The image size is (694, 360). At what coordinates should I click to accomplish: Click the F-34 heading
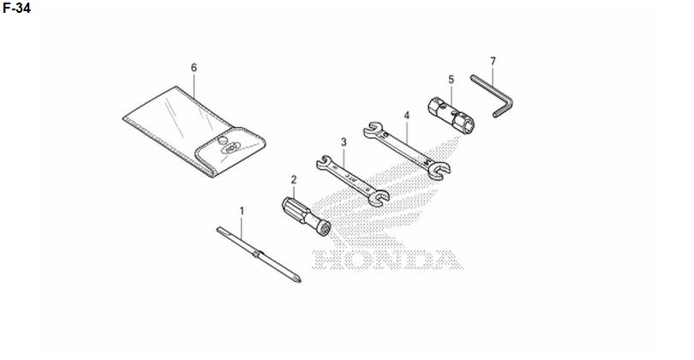[x=17, y=8]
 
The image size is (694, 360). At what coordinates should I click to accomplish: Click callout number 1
[x=242, y=211]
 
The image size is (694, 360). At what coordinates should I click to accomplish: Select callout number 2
[x=293, y=180]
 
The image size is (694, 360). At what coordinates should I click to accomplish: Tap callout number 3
[x=344, y=142]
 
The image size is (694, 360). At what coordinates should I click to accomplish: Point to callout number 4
[x=407, y=116]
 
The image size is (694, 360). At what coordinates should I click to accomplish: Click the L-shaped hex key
[x=505, y=100]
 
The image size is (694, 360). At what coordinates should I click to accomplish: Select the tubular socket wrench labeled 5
[x=451, y=116]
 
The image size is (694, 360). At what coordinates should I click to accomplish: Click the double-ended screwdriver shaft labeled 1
[x=259, y=255]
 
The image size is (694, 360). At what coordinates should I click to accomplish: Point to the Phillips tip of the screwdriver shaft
[x=297, y=279]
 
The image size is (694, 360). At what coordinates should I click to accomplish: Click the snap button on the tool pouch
[x=222, y=141]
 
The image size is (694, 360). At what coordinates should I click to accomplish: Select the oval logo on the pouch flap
[x=231, y=147]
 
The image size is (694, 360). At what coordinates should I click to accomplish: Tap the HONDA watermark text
[x=387, y=260]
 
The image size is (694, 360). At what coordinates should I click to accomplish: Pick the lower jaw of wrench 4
[x=439, y=170]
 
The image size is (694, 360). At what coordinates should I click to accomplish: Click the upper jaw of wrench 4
[x=373, y=129]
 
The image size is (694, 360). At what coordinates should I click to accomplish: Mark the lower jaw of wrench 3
[x=379, y=197]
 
